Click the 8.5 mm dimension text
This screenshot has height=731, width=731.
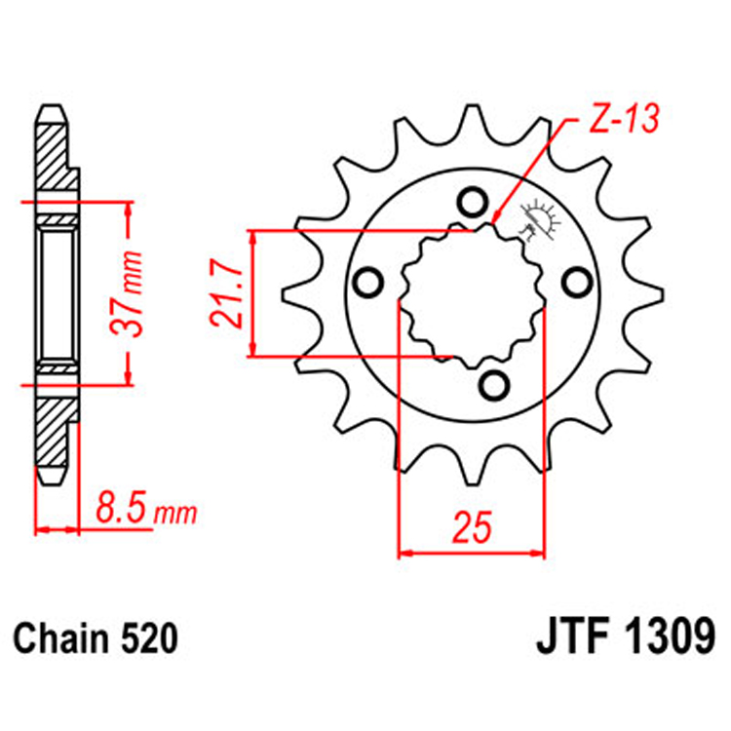(x=146, y=508)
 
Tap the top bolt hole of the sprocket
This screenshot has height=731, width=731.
(x=472, y=203)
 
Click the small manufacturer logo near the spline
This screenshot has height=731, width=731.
(x=540, y=220)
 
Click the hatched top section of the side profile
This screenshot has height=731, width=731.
(x=55, y=161)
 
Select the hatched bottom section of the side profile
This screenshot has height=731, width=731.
(x=55, y=419)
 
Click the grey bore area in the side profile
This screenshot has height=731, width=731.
(x=57, y=292)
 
